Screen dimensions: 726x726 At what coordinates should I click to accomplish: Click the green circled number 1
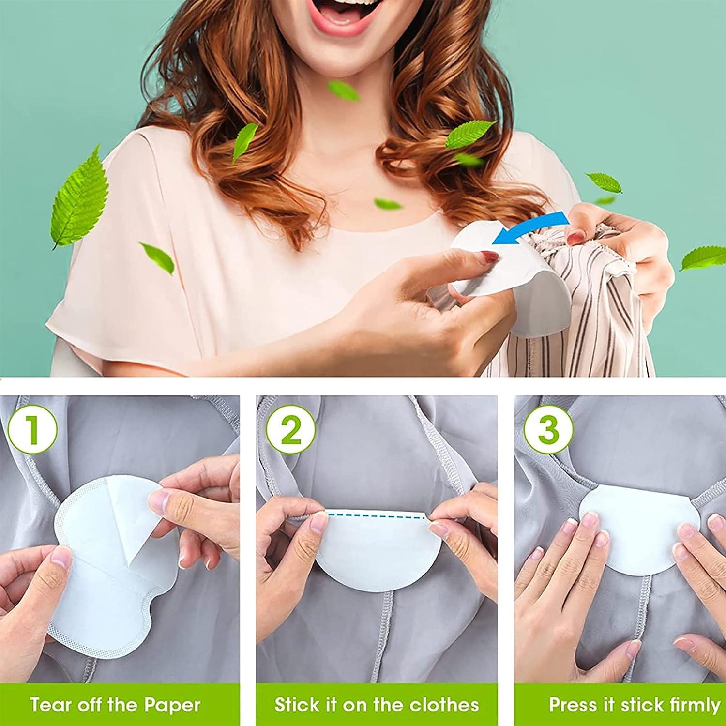pos(32,429)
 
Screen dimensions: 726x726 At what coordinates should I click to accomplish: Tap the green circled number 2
pos(290,429)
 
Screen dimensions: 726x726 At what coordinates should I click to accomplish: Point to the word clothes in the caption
pos(441,705)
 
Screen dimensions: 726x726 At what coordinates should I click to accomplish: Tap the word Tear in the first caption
pos(48,705)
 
